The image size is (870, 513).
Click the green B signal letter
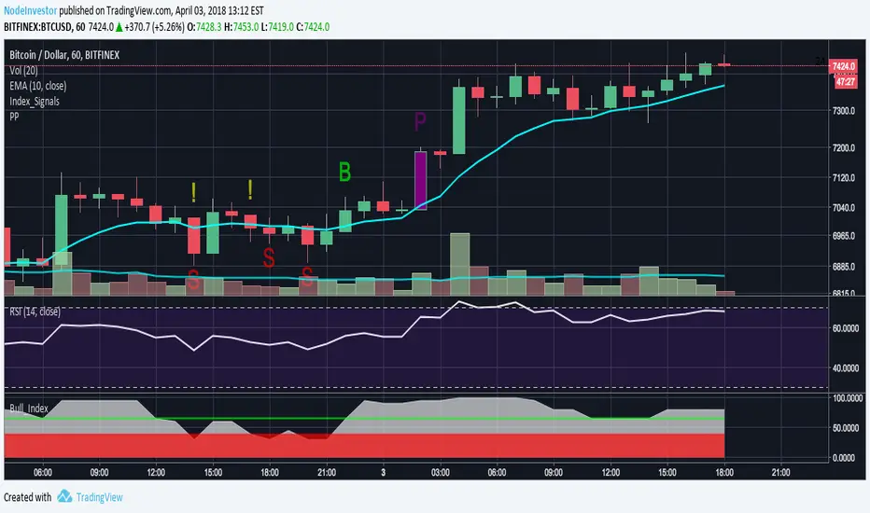tap(345, 172)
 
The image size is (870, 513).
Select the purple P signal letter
tap(420, 120)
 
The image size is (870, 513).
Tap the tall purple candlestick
tap(420, 179)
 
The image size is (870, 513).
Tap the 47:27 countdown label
tap(846, 82)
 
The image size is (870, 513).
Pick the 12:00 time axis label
tap(156, 473)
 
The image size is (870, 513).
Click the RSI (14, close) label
tap(35, 312)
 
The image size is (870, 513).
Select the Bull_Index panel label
tap(29, 408)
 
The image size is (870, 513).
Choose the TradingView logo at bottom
tap(89, 497)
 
